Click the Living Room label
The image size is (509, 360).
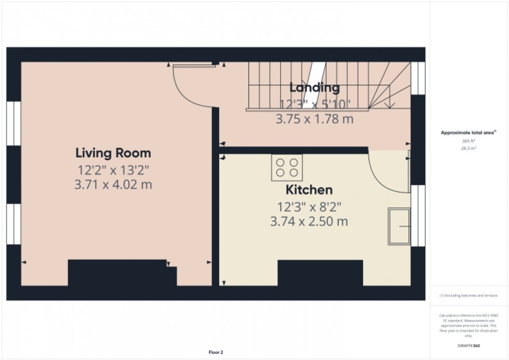point(113,153)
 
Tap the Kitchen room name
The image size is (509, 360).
point(309,190)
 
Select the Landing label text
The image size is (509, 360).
point(314,87)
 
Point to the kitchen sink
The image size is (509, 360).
point(399,226)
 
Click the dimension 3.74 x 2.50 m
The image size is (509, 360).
point(309,222)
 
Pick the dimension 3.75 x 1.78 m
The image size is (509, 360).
point(314,118)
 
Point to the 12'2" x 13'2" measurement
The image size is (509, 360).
point(114,169)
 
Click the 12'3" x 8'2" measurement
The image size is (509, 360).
point(309,207)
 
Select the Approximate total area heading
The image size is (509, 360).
point(468,133)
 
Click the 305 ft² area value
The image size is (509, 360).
point(469,141)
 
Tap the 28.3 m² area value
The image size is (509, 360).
point(469,148)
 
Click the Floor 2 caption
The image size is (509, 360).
point(216,353)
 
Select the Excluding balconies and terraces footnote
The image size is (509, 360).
point(468,295)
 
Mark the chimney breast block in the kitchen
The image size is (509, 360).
point(320,273)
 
